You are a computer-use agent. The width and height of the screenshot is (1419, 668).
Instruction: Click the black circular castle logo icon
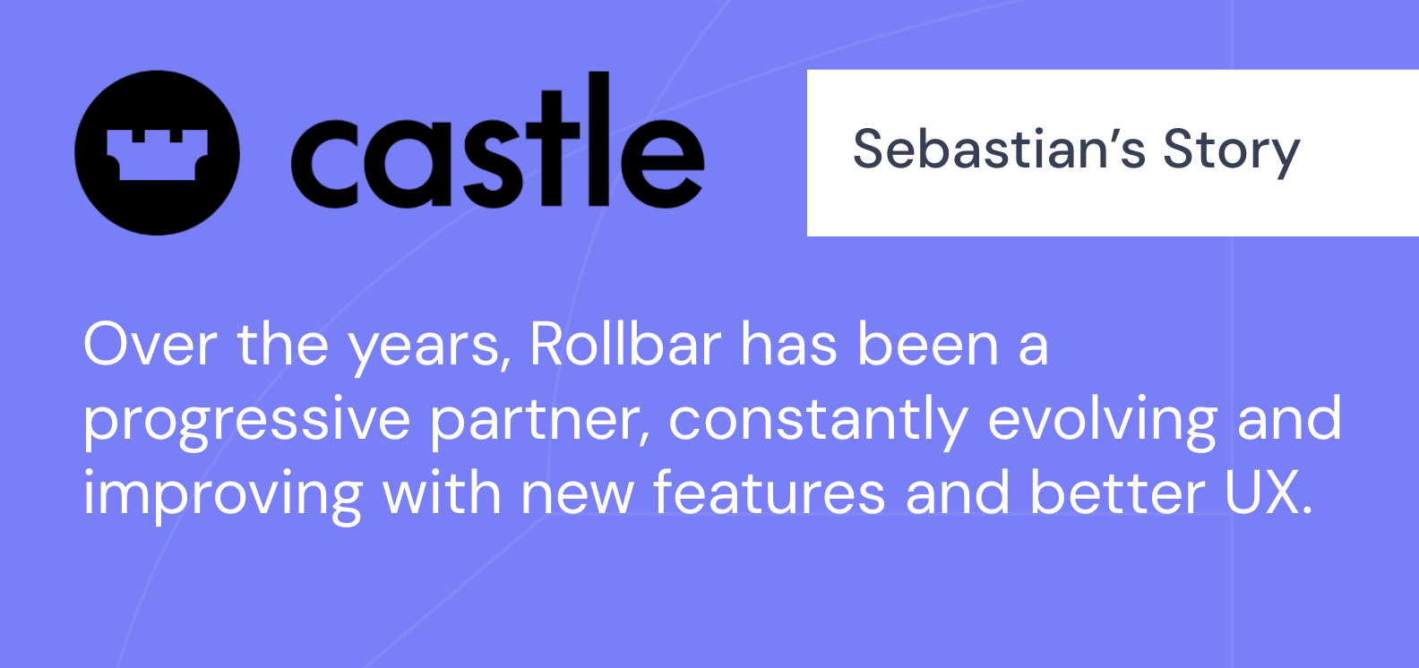click(157, 152)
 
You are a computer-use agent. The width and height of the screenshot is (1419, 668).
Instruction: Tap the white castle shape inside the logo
click(157, 155)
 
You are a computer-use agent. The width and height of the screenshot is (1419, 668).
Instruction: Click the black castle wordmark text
click(497, 140)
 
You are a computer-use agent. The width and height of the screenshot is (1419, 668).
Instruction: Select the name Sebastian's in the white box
click(999, 150)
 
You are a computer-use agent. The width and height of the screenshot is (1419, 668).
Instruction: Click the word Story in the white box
click(1232, 152)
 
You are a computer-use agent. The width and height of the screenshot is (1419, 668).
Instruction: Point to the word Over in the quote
click(150, 345)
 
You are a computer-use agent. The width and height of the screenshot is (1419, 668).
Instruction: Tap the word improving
click(223, 495)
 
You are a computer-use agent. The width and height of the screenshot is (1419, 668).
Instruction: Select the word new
click(577, 498)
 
